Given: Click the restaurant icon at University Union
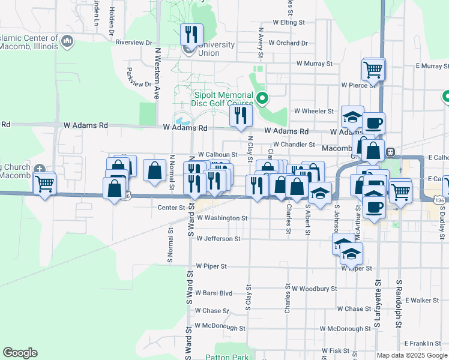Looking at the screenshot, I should [x=191, y=34].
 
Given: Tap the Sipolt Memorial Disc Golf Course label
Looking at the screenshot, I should [x=222, y=99].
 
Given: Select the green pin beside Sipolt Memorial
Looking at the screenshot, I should [x=262, y=97].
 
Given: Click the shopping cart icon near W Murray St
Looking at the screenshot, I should [x=373, y=69].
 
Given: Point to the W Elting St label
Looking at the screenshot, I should [x=285, y=22].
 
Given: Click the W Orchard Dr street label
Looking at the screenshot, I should [x=288, y=43].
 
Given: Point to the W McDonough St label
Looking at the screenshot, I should [x=220, y=328].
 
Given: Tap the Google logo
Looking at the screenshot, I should [x=20, y=353].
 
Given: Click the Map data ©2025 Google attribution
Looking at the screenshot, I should [x=412, y=355].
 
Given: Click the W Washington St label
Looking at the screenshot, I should [x=221, y=218].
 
